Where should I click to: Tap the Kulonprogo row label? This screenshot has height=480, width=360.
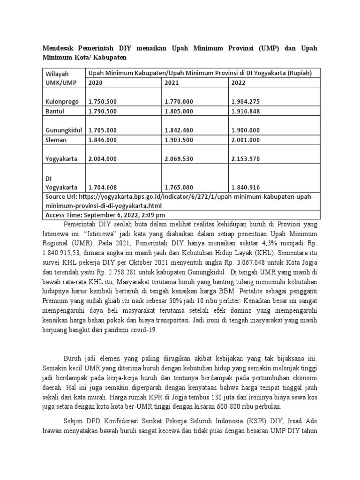tap(60, 101)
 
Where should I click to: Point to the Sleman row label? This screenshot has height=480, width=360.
tap(56, 139)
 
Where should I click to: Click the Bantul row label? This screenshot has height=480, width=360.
tap(54, 111)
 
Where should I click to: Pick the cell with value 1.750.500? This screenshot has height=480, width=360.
tap(102, 101)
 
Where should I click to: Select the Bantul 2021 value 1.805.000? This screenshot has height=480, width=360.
tap(179, 111)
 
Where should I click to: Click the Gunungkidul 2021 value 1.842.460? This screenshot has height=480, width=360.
tap(179, 130)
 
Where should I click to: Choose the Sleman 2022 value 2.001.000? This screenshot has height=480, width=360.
tap(246, 139)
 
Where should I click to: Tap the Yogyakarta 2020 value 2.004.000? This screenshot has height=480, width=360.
tap(102, 158)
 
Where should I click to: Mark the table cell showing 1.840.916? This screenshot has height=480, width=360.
tap(246, 187)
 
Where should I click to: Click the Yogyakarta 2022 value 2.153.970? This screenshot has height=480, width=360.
tap(246, 158)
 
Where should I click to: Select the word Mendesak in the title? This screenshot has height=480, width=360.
tap(60, 49)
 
